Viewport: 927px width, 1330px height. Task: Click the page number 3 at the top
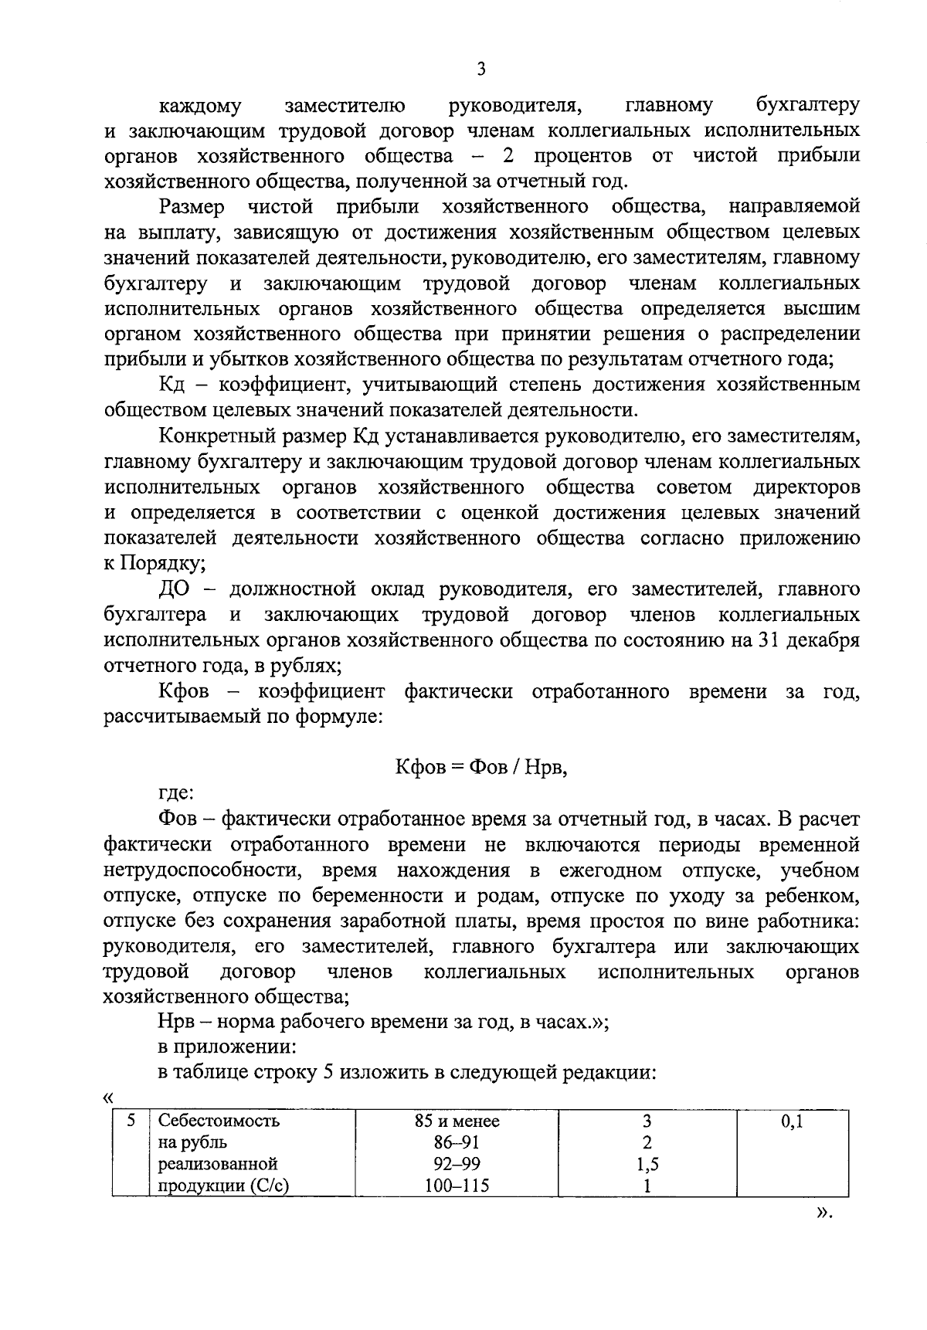[480, 70]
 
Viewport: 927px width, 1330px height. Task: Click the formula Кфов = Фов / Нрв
[480, 768]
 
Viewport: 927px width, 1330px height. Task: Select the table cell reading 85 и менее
[457, 1121]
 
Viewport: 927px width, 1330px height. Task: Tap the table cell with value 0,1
[792, 1121]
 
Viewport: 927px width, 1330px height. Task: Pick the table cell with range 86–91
[457, 1142]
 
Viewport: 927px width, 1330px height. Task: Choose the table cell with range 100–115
[457, 1186]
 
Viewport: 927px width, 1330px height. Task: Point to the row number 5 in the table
[131, 1121]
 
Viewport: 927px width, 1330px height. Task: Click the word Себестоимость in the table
[219, 1121]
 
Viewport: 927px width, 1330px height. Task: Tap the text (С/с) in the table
[268, 1186]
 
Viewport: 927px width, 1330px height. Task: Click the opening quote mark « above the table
[108, 1098]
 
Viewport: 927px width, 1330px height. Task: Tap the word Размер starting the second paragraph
[192, 207]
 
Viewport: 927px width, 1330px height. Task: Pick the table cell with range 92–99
[457, 1164]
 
